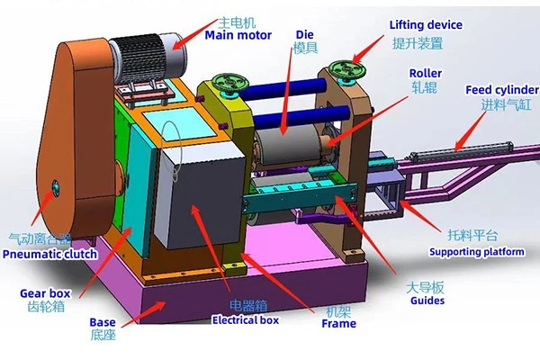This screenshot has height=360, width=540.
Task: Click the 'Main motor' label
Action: click(x=238, y=35)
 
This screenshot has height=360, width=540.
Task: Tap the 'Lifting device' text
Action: click(x=426, y=25)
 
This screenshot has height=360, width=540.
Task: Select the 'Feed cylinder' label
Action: click(x=502, y=90)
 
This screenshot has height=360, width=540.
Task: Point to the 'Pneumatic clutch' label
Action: click(x=49, y=254)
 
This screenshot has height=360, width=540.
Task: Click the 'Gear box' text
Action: click(x=45, y=293)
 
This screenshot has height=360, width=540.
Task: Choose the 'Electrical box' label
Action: click(x=245, y=320)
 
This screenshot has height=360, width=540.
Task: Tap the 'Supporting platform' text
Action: click(x=477, y=252)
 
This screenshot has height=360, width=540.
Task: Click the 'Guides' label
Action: click(x=427, y=301)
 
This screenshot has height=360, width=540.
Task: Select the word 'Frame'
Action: click(x=339, y=323)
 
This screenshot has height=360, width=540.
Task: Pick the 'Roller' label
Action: click(x=426, y=73)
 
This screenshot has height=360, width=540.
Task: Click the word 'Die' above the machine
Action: click(x=305, y=34)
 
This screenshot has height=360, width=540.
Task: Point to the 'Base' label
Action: click(x=103, y=322)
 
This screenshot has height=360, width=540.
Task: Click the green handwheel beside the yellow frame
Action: click(x=230, y=83)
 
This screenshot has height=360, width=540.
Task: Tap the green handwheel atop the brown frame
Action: click(x=346, y=69)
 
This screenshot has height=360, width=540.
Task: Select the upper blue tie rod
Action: click(x=283, y=88)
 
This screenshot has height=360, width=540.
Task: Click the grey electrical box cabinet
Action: click(x=200, y=194)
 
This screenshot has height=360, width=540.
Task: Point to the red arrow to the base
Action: click(x=144, y=314)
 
